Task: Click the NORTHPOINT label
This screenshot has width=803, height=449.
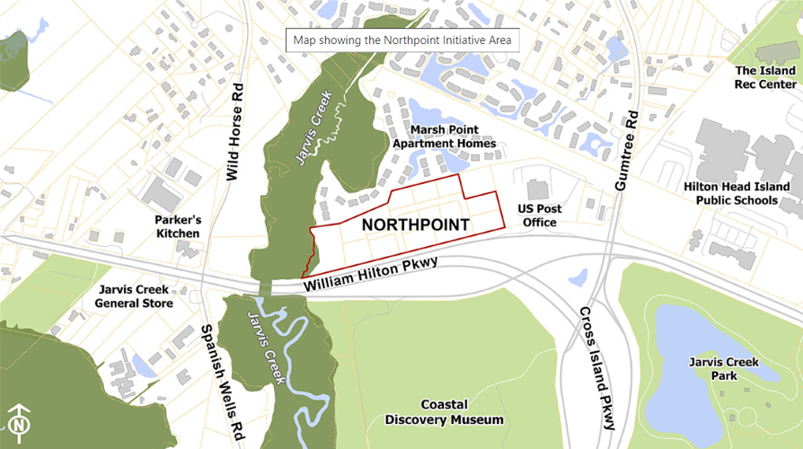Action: click(415, 224)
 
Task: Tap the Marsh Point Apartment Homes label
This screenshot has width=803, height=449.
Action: click(444, 136)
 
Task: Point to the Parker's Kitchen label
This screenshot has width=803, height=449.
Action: click(177, 226)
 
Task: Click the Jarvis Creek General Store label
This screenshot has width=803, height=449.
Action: click(134, 297)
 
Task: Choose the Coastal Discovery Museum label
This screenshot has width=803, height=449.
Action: click(444, 412)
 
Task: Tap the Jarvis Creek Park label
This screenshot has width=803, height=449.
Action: click(724, 369)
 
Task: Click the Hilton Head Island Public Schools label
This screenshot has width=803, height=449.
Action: click(737, 193)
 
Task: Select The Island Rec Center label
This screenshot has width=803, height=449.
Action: click(765, 77)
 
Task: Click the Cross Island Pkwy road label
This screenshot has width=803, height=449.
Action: click(597, 369)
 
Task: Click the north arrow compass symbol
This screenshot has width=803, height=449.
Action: click(20, 421)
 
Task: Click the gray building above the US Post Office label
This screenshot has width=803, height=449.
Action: click(537, 189)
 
